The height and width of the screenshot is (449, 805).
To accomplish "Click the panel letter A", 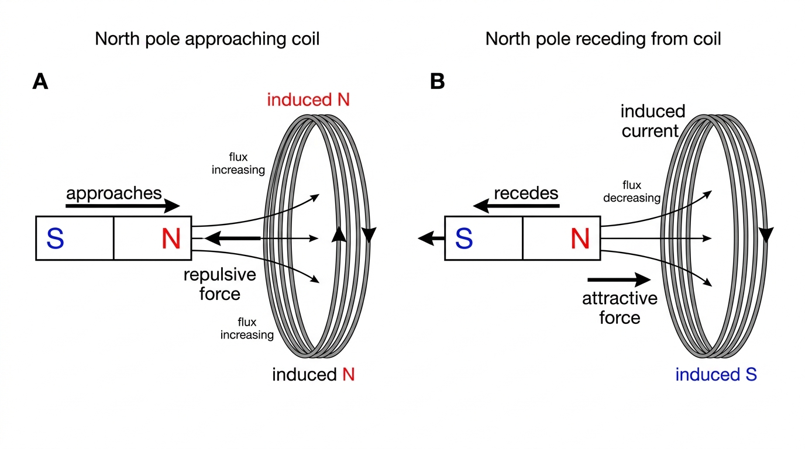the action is coord(40,81).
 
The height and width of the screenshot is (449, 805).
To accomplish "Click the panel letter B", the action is coord(438,81).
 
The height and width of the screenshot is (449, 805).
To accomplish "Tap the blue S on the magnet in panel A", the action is coord(56,239).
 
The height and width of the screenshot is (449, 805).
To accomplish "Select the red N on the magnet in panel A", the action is coord(171,239).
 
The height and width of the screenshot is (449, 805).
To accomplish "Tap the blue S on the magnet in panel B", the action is coord(464,239).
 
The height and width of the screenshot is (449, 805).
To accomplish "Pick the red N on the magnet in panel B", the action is coord(580,239).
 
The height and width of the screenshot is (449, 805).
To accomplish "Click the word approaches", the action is coord(114,194).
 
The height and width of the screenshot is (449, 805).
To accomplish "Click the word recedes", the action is coord(526,194).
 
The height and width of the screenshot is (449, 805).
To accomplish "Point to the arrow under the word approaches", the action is coord(122,206).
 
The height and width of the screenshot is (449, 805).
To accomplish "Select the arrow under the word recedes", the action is coord(516,206).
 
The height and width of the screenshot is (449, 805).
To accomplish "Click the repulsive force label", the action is coord(220,284).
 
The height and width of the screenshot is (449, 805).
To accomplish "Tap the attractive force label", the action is coord(620,308).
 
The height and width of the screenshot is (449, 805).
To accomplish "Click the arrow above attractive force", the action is coord(619,279).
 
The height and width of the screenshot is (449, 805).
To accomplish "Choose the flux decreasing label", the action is coord(632,191).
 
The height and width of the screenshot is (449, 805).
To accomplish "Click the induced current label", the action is coord(653,121).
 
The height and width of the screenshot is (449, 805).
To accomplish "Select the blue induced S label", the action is coord(716,375).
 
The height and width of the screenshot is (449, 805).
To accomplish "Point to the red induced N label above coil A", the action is coord(308,99).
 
